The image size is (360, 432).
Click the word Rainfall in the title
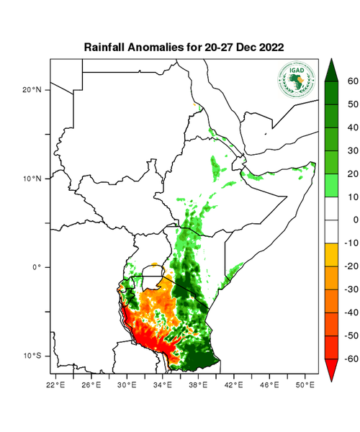[x=107, y=47]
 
